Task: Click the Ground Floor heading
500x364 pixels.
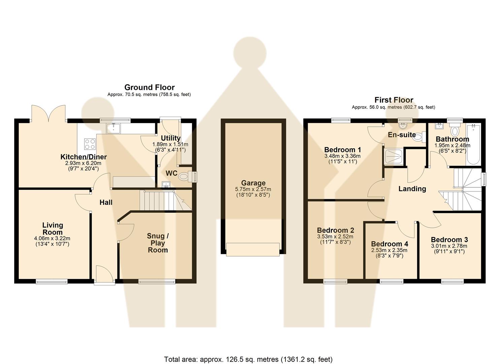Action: (x=149, y=87)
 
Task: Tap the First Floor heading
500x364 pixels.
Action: (x=394, y=100)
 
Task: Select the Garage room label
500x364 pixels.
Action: (x=253, y=183)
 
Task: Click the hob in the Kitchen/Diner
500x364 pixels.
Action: (x=90, y=144)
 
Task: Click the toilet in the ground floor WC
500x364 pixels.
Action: (x=184, y=176)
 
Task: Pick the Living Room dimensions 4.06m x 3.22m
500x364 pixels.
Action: (x=53, y=238)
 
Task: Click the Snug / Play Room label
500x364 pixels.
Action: (x=158, y=243)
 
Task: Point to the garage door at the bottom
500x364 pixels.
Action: (x=253, y=249)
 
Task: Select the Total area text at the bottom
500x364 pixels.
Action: (x=248, y=359)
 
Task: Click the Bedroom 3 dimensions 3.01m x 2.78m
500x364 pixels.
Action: (x=449, y=246)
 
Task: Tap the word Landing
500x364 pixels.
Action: (x=412, y=189)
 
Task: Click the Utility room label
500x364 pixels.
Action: (x=171, y=138)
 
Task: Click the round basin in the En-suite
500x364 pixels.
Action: (x=402, y=126)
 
